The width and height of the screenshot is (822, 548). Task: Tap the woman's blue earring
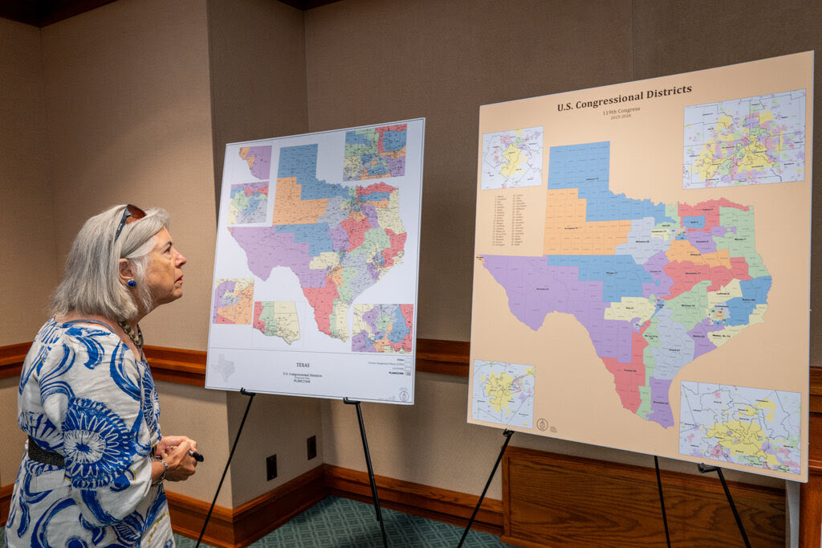click(131, 283)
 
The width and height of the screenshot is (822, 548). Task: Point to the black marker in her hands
click(194, 456)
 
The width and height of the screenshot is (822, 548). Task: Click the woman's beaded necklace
click(132, 333)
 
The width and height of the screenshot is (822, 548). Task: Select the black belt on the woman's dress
click(47, 455)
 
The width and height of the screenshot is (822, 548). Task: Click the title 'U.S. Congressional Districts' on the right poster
click(624, 96)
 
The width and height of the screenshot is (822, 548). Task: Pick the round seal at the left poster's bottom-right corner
click(404, 395)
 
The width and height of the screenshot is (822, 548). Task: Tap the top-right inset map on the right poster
click(743, 138)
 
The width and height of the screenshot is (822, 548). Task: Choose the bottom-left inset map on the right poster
click(503, 393)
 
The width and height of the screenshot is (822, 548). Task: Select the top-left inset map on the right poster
click(512, 157)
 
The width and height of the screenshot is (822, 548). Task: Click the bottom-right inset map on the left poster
click(382, 328)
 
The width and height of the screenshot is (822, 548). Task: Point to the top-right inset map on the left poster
click(375, 152)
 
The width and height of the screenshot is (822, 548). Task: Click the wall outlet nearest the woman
click(271, 467)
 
